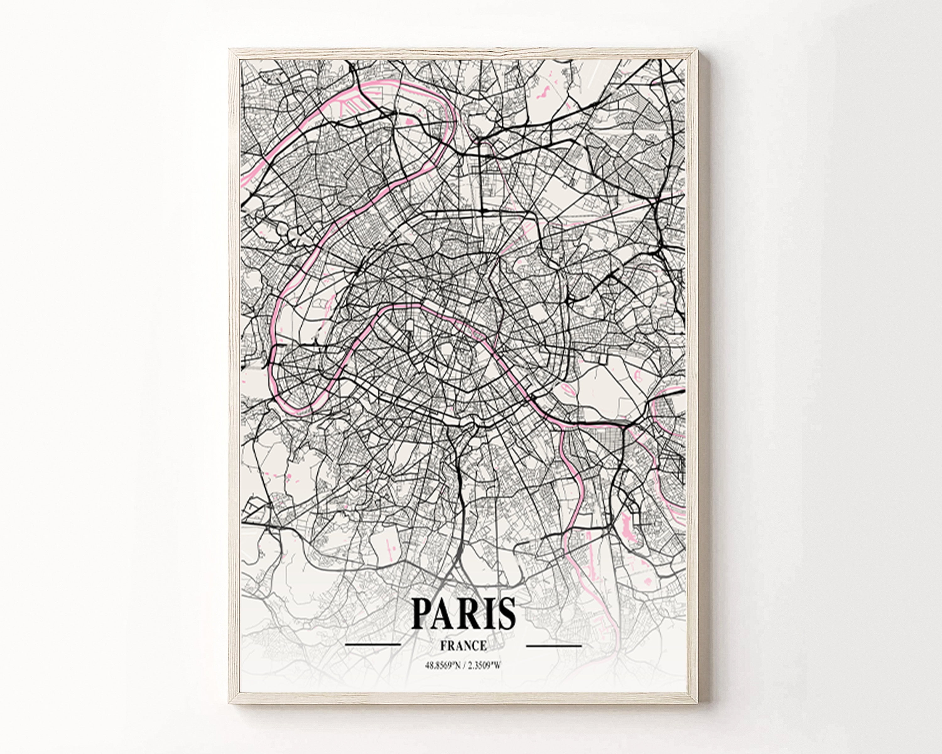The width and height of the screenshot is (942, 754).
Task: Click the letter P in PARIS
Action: click(423, 613)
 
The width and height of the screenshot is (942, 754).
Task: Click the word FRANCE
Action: click(463, 646)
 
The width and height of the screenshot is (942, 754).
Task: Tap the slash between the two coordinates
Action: click(465, 666)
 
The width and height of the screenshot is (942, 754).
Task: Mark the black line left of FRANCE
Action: click(373, 645)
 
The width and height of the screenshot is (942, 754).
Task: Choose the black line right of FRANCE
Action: click(554, 645)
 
